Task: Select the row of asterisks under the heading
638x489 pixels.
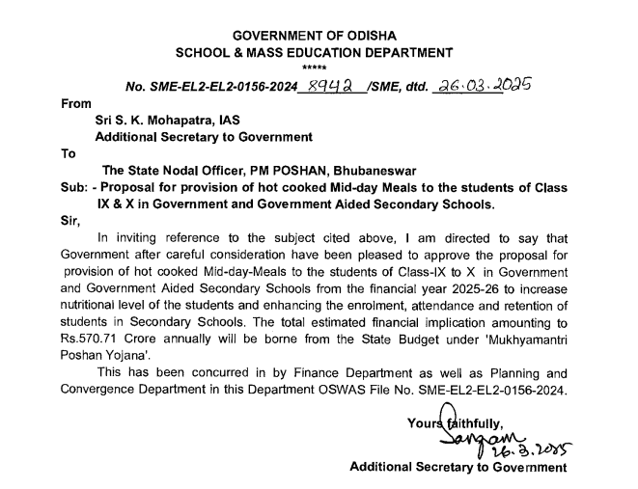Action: (315, 68)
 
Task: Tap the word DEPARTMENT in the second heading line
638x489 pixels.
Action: (405, 51)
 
